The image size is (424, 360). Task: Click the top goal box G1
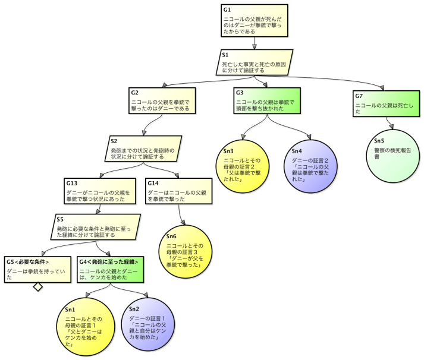254,21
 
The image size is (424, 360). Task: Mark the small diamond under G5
38,287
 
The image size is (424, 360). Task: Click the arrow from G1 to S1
255,43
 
